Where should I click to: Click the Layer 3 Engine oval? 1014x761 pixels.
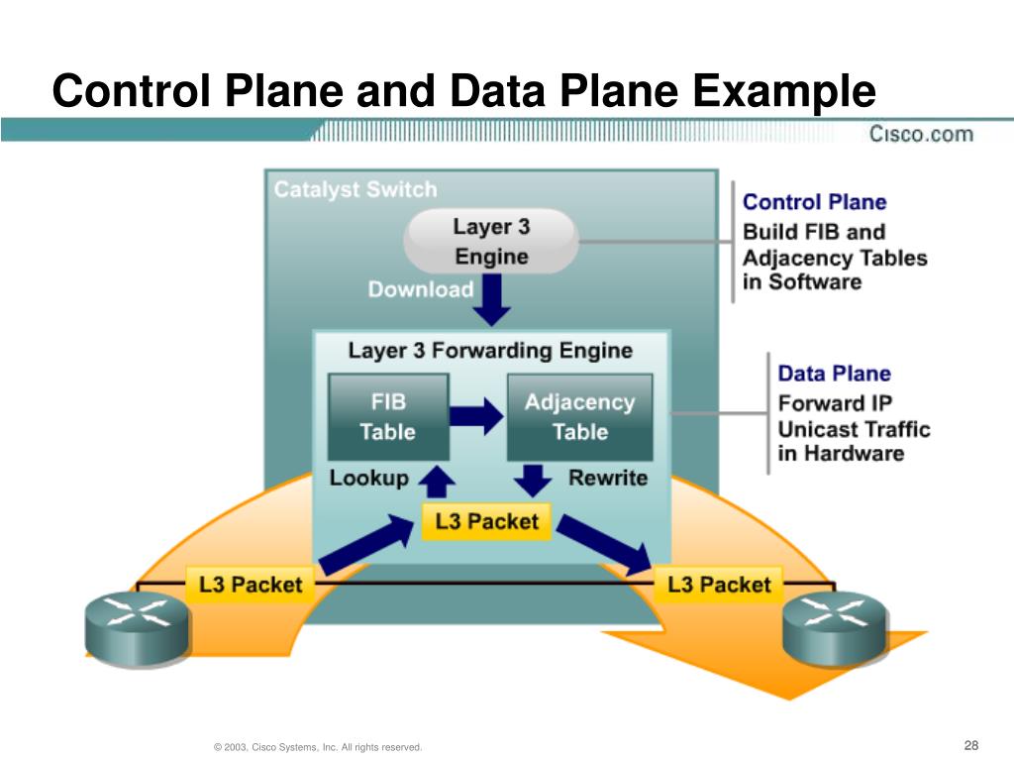click(491, 241)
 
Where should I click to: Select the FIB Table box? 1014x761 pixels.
click(387, 416)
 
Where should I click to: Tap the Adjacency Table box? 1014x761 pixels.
click(579, 416)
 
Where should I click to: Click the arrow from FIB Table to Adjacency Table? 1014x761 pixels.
click(477, 416)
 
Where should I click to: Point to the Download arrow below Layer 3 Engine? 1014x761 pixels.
click(491, 300)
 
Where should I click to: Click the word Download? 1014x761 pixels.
click(421, 289)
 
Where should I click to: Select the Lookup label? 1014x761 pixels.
click(368, 478)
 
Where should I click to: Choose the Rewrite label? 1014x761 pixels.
click(608, 478)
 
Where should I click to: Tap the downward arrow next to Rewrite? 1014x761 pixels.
click(535, 481)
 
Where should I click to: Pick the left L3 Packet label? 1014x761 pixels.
click(251, 584)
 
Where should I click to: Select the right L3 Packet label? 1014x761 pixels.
click(719, 584)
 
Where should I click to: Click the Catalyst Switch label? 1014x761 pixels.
click(355, 189)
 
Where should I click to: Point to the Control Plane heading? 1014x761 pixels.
click(814, 202)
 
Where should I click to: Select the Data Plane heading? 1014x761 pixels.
click(834, 374)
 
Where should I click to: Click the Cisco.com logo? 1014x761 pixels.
click(921, 134)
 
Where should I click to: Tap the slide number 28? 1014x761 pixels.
click(970, 745)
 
